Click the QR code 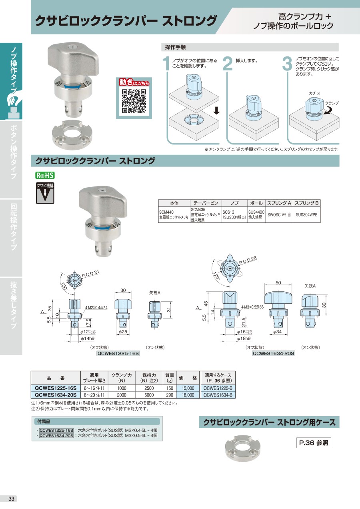tap(134, 101)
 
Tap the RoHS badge tap(45, 175)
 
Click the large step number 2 tap(228, 64)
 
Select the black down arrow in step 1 tap(217, 111)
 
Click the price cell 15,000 tap(188, 388)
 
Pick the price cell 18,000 tap(188, 395)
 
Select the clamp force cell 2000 tap(122, 395)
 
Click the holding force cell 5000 tap(149, 395)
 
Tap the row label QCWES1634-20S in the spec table tap(56, 395)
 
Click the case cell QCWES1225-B tap(218, 388)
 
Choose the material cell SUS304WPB tap(306, 214)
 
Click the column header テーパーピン tap(206, 203)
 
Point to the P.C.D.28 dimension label tap(248, 260)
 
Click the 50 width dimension tap(278, 283)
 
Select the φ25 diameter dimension tap(123, 332)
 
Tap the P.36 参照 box tap(314, 443)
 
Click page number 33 tap(11, 499)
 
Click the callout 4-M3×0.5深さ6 tap(252, 307)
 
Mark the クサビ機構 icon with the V tap(45, 193)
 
